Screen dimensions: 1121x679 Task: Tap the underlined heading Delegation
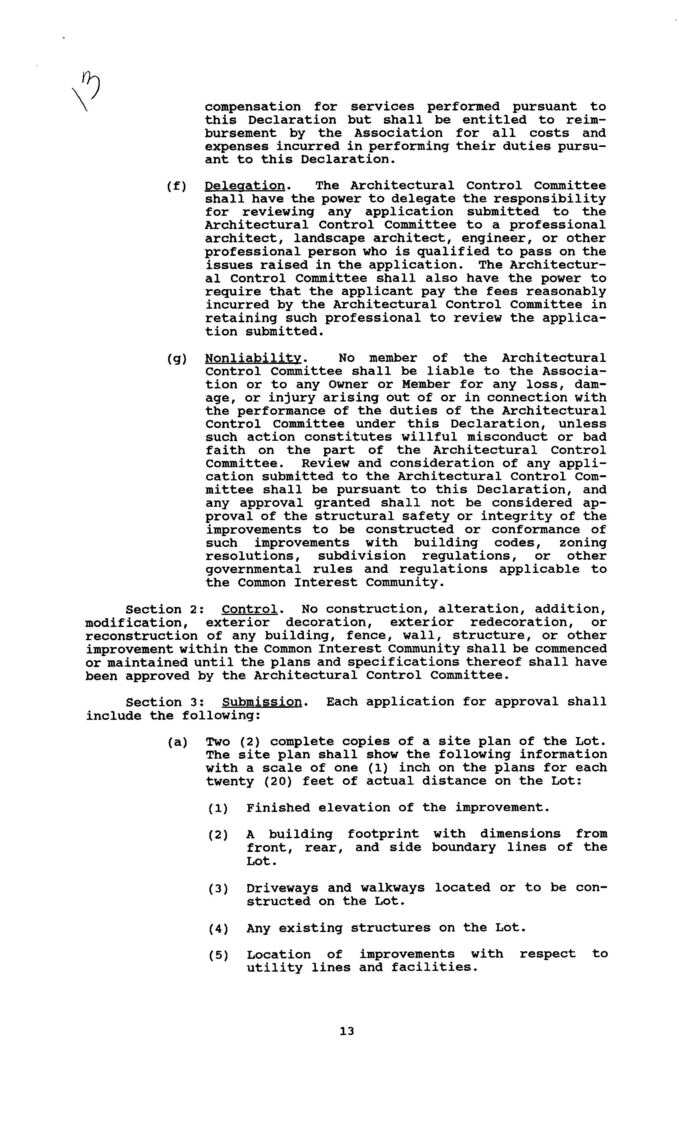(245, 186)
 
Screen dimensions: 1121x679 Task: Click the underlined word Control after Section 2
(249, 609)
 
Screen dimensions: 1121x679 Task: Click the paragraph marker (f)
(177, 186)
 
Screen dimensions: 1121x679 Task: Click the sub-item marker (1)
(218, 808)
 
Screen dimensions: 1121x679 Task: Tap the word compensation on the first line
(253, 106)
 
